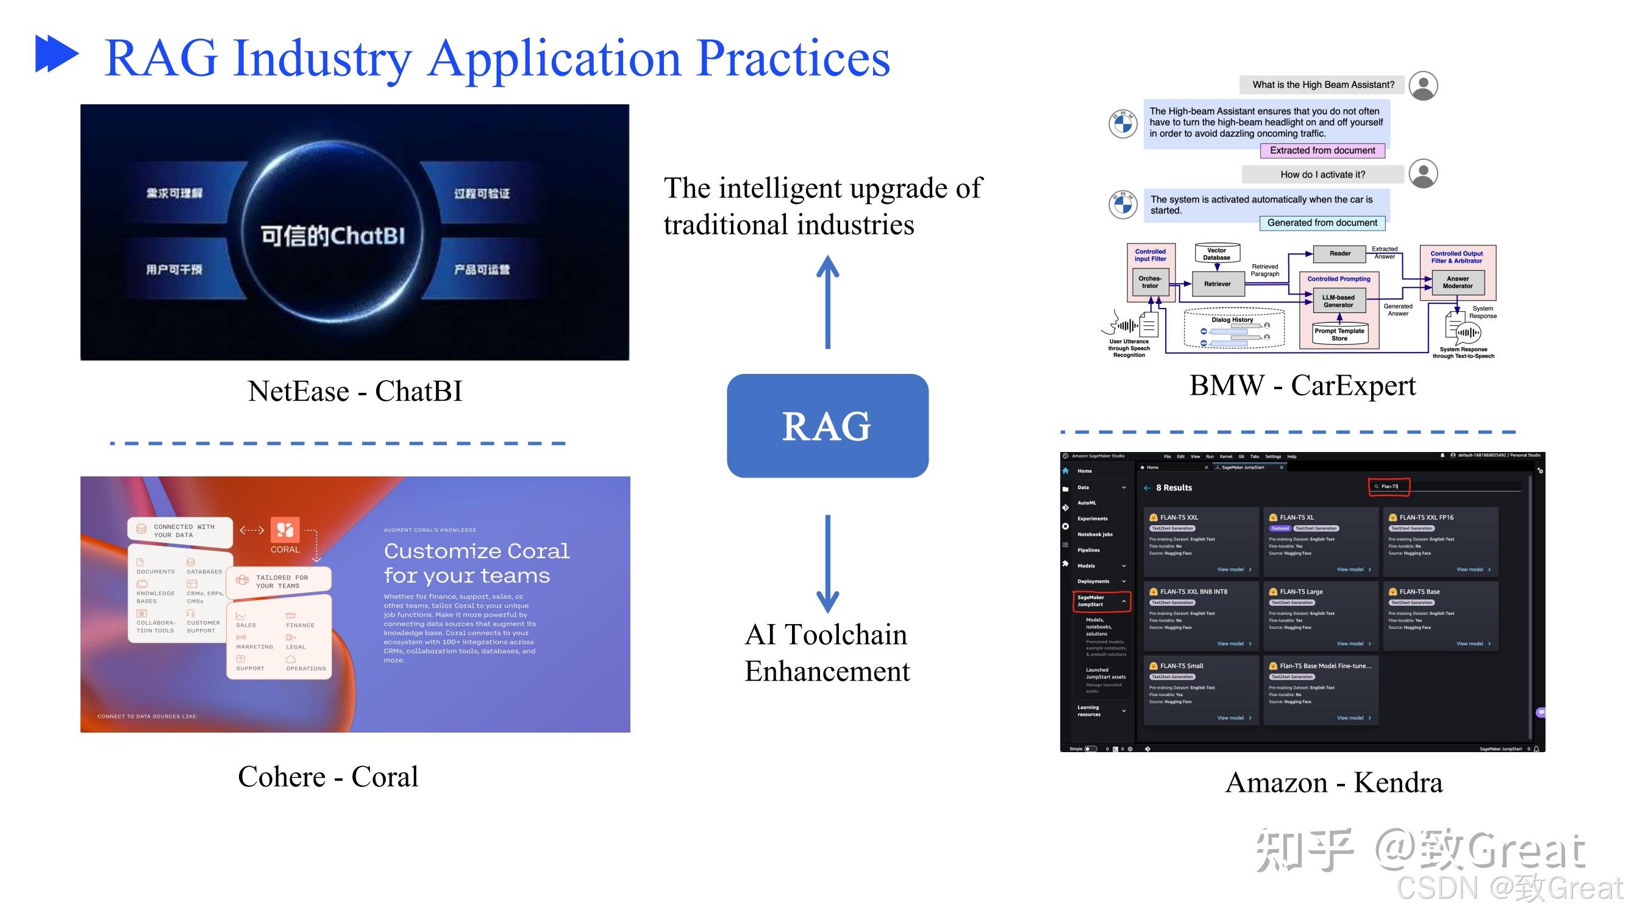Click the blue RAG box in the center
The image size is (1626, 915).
[x=827, y=426]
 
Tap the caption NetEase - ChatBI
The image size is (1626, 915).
[x=355, y=391]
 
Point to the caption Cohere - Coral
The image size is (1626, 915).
[x=327, y=776]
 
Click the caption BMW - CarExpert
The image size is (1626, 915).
[x=1302, y=385]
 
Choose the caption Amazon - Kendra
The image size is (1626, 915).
[x=1333, y=783]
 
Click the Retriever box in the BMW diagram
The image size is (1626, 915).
[x=1217, y=284]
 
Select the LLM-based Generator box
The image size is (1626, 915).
[x=1338, y=301]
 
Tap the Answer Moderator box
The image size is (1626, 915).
[x=1457, y=282]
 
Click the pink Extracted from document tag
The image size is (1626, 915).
[x=1322, y=150]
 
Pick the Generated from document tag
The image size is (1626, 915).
[x=1322, y=223]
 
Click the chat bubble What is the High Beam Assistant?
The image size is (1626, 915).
[x=1322, y=85]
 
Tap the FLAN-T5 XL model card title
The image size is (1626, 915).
[x=1297, y=517]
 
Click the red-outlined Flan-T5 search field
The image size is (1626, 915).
[x=1389, y=486]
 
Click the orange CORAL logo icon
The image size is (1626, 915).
[x=285, y=530]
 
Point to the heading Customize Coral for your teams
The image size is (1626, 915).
[x=476, y=562]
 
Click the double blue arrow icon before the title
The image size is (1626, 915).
[x=57, y=54]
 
